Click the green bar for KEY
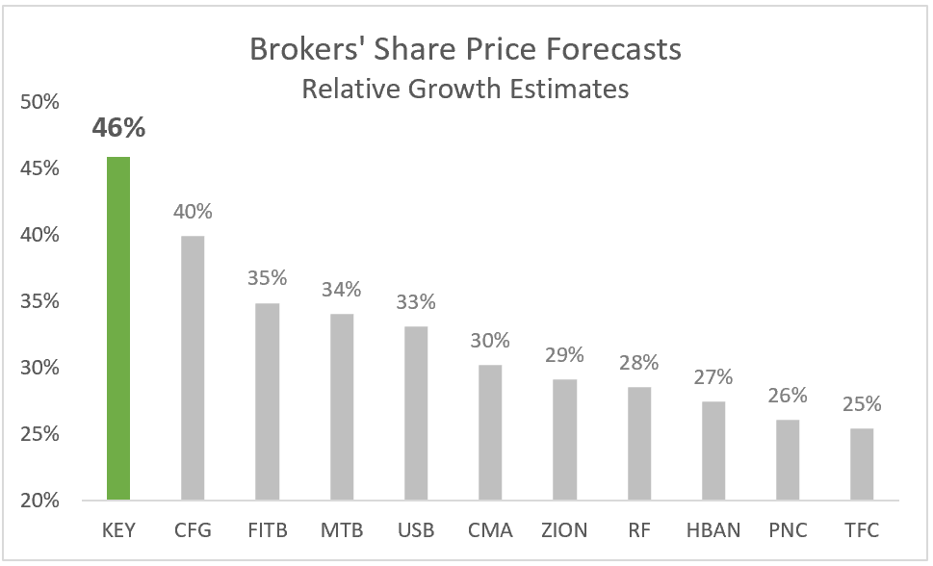[117, 328]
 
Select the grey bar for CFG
[193, 368]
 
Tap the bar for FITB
[267, 401]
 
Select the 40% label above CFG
[193, 212]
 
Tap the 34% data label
[341, 289]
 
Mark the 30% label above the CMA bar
[490, 341]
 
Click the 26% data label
[788, 396]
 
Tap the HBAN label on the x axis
[713, 530]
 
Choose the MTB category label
[341, 530]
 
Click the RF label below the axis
[638, 530]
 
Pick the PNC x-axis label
[788, 530]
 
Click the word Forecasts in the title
[606, 50]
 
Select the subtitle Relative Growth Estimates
[465, 89]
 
